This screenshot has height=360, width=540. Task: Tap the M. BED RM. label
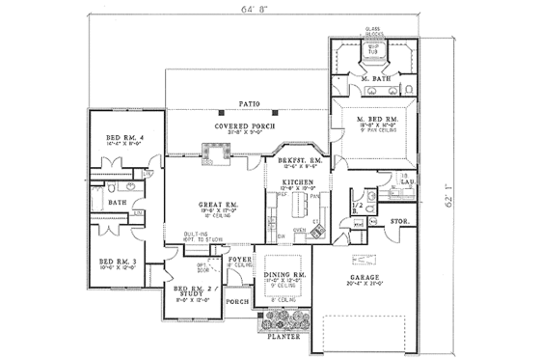pyautogui.click(x=372, y=117)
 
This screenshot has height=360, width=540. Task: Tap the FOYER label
pyautogui.click(x=238, y=259)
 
